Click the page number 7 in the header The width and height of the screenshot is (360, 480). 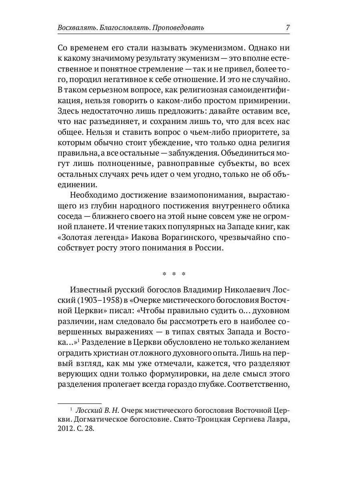pyautogui.click(x=288, y=28)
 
